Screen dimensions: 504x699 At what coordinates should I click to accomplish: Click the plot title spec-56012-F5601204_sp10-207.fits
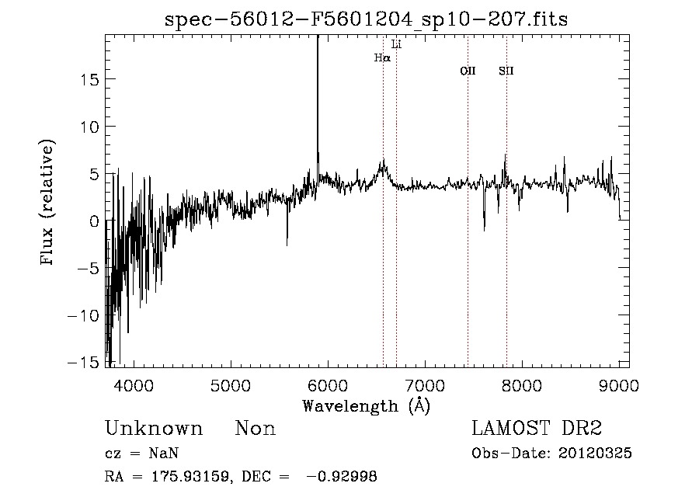coord(367,19)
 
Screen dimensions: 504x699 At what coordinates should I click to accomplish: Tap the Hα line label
coord(381,57)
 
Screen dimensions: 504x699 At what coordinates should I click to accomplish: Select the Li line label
coord(396,44)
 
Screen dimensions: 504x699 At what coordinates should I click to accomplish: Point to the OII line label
coord(468,71)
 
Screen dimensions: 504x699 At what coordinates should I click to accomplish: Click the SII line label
coord(506,71)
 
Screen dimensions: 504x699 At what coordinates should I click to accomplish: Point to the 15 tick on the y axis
coord(91,79)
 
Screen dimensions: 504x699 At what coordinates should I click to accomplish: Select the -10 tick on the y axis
coord(86,316)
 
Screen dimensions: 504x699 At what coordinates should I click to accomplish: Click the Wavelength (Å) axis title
coord(367,405)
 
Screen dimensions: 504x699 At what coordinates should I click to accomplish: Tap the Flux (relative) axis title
coord(49,203)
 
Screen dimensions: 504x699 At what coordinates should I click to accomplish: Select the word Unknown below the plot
coord(154,429)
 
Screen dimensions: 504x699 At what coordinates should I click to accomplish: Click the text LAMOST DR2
coord(537,429)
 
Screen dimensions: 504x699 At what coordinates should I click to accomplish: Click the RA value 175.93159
coord(184,477)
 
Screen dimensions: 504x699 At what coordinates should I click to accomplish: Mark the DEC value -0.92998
coord(341,477)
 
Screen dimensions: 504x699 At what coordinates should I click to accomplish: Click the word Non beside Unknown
coord(256,429)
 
